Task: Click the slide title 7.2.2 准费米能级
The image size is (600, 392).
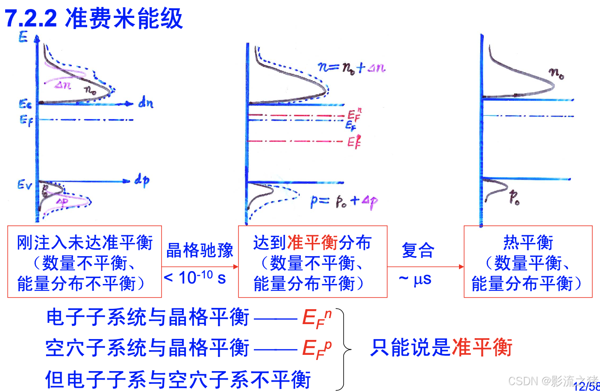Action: [94, 19]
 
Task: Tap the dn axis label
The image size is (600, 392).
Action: [146, 103]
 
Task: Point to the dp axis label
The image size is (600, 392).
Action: [142, 180]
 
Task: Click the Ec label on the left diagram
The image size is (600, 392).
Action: [25, 104]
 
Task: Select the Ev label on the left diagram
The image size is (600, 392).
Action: [24, 184]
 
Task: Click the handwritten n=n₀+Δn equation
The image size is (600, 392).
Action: [351, 67]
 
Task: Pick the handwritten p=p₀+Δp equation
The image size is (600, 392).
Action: [344, 201]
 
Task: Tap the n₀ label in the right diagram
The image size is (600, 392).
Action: [556, 73]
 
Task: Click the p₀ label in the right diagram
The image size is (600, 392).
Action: [514, 197]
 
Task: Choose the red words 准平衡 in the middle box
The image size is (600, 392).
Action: [313, 243]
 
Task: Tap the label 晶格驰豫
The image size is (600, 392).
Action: [200, 250]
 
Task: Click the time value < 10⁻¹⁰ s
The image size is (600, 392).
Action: [195, 278]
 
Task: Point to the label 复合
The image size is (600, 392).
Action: [418, 250]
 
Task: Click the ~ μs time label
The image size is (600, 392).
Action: [415, 280]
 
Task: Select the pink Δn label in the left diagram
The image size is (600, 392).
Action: [63, 85]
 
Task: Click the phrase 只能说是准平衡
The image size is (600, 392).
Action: [441, 347]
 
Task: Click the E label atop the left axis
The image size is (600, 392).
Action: [23, 37]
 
